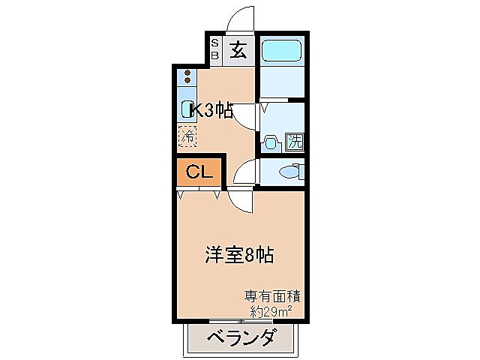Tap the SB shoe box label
click(214, 50)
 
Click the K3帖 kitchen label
click(211, 110)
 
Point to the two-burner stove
click(187, 76)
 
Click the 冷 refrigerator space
click(187, 136)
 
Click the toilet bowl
click(289, 172)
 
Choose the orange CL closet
click(199, 172)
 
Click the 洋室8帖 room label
click(238, 255)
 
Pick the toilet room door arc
click(245, 173)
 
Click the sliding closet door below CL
click(199, 192)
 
